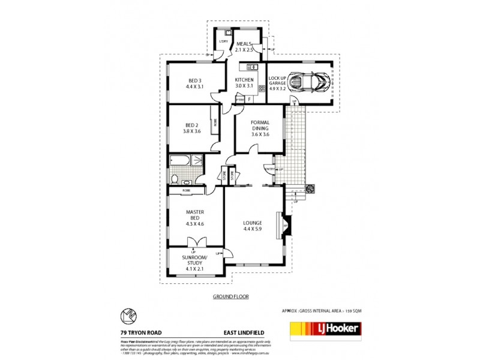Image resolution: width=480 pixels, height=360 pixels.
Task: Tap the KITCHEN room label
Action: [x=244, y=80]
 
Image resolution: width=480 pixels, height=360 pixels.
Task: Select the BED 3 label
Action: [x=195, y=80]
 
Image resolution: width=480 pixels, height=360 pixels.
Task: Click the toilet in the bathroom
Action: [x=174, y=178]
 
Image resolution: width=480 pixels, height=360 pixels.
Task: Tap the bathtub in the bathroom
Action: [x=179, y=161]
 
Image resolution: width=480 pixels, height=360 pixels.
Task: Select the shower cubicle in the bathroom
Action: [x=196, y=161]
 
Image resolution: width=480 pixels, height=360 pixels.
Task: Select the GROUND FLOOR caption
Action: [x=231, y=297]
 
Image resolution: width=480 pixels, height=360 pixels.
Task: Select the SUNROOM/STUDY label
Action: [x=195, y=260]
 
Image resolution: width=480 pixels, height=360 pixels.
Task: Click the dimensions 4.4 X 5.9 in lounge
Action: [x=253, y=229]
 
